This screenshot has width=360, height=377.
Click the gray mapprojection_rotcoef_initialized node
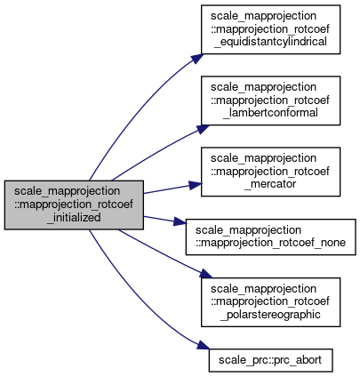click(74, 205)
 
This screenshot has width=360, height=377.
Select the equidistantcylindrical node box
click(270, 29)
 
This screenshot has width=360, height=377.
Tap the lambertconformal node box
click(270, 100)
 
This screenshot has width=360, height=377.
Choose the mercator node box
click(270, 172)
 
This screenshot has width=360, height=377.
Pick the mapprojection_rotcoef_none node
click(270, 237)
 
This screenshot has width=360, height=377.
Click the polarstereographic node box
click(270, 302)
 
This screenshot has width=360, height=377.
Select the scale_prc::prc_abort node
click(270, 360)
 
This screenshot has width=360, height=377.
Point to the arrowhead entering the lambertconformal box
click(203, 129)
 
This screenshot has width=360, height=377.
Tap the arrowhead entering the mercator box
click(196, 185)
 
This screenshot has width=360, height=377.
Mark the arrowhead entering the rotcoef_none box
click(180, 221)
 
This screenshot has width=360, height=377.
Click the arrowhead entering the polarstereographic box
click(206, 274)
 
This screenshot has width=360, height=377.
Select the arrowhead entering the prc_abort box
click(204, 345)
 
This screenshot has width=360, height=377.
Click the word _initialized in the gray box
click(74, 218)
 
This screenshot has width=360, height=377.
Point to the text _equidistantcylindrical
click(270, 42)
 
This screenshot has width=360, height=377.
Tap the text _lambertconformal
click(270, 113)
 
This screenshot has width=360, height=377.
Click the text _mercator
click(270, 184)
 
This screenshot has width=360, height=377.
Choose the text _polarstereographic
click(270, 315)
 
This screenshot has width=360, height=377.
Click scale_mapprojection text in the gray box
click(68, 191)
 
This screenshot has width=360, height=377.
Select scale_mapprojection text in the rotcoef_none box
click(248, 230)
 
